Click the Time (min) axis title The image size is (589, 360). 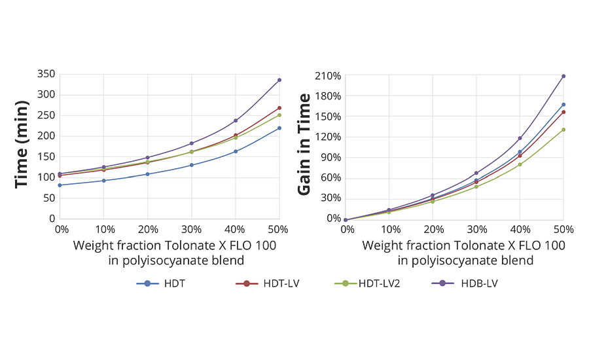click(x=22, y=145)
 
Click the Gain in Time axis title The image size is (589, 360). click(x=304, y=145)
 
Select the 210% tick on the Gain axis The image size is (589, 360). click(x=328, y=76)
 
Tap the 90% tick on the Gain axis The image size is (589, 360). click(x=330, y=158)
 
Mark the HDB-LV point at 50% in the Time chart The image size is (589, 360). click(x=279, y=80)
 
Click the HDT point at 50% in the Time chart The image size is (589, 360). click(x=279, y=128)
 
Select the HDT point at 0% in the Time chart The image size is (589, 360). click(x=60, y=185)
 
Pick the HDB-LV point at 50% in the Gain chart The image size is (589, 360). click(x=563, y=76)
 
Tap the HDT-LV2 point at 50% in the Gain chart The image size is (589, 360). click(x=563, y=130)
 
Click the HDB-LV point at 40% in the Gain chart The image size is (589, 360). click(x=520, y=138)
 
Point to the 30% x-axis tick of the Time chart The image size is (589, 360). click(x=192, y=230)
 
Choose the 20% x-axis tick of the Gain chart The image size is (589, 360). click(x=433, y=230)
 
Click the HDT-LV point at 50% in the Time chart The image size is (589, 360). click(x=279, y=108)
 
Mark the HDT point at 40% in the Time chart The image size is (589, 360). click(x=236, y=151)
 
